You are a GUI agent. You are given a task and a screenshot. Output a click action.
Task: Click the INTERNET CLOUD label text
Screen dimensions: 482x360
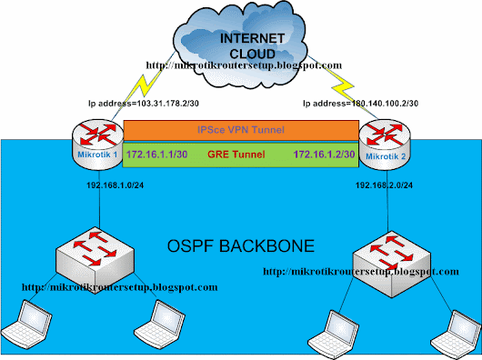(252, 46)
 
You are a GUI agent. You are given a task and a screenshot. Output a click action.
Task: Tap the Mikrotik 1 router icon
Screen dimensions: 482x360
(97, 145)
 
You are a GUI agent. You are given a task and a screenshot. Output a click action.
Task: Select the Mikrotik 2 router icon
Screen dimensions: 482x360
(385, 145)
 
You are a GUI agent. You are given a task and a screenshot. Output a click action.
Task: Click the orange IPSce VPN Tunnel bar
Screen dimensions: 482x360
(241, 130)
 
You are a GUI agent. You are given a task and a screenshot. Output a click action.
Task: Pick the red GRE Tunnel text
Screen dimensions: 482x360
(236, 155)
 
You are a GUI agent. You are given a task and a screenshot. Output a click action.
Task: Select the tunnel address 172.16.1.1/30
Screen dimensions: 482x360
(156, 155)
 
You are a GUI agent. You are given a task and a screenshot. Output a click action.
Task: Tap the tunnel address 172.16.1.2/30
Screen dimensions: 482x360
(325, 155)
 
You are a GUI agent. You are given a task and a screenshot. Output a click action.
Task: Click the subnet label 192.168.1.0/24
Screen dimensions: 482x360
(115, 185)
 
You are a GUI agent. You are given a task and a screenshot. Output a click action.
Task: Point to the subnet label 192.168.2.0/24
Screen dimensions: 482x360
(385, 185)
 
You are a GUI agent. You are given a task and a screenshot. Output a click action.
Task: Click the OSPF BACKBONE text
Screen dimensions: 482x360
(241, 246)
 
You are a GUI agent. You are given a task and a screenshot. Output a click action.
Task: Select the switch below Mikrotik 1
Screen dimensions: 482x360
(95, 261)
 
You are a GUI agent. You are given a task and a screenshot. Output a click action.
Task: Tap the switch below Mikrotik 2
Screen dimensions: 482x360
(392, 265)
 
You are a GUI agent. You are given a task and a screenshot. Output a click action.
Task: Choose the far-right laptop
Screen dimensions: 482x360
(457, 335)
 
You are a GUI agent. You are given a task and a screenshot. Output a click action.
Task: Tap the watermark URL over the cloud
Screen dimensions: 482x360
(244, 65)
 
